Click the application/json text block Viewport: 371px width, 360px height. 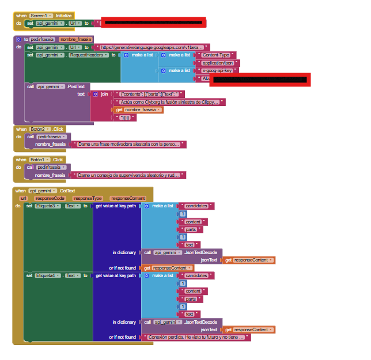(217, 63)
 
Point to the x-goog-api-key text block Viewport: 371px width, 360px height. (219, 70)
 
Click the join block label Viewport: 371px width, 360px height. (104, 94)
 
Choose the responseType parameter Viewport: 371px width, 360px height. (87, 198)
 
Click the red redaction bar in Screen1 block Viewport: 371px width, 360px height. (153, 23)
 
